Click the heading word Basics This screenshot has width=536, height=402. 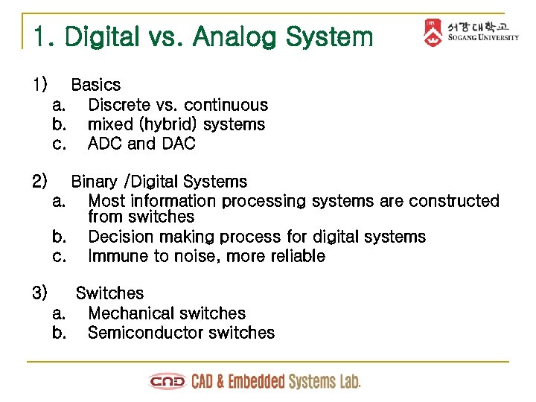click(x=95, y=85)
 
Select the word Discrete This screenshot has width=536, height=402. click(x=118, y=105)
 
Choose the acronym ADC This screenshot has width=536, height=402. click(x=105, y=144)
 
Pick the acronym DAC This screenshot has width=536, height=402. click(x=179, y=144)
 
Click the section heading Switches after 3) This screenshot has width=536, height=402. click(x=109, y=293)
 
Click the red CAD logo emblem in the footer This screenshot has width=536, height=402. click(x=167, y=382)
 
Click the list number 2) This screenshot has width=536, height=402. click(x=40, y=182)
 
